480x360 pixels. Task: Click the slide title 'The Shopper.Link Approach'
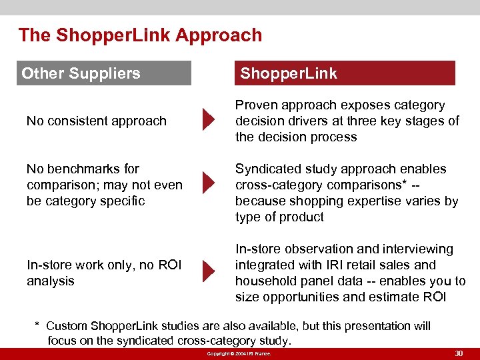click(140, 35)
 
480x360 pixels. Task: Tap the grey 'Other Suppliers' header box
click(103, 73)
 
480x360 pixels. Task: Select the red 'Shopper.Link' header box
click(345, 73)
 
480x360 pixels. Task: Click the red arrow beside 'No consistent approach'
click(209, 121)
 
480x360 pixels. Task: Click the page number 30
click(458, 353)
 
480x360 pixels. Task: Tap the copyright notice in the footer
click(239, 353)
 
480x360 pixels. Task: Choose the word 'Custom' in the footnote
click(67, 326)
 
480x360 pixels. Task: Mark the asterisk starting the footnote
click(37, 325)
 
